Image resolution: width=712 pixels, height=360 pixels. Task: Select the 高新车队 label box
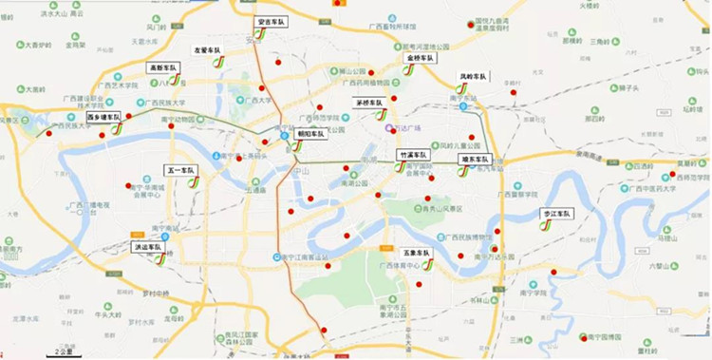point(163,68)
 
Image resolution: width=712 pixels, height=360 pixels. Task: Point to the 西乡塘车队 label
point(103,117)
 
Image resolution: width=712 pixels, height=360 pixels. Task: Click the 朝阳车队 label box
point(309,134)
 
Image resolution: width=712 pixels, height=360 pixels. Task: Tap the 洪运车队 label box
point(147,246)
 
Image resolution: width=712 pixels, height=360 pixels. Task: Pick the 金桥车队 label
point(419,58)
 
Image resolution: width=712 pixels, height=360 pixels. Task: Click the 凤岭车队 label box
point(472,76)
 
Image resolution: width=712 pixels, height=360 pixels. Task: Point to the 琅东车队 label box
point(474,160)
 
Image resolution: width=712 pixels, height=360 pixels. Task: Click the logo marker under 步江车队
point(547,226)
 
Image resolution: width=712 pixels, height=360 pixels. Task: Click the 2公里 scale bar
point(66,352)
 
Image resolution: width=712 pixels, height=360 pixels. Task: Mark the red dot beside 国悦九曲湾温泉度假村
point(471,25)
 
